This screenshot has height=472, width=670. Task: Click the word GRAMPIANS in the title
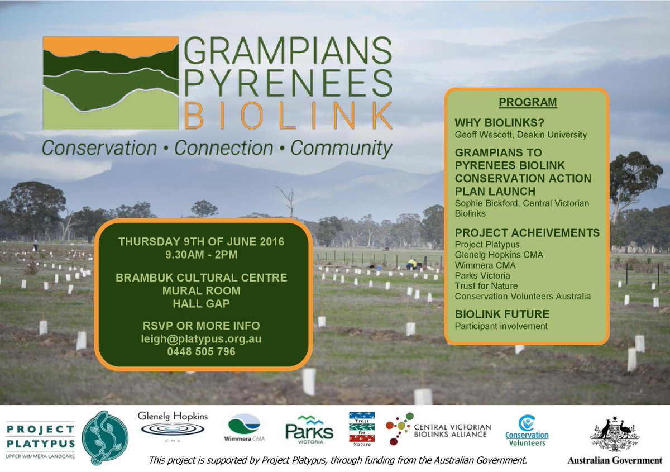pos(288,52)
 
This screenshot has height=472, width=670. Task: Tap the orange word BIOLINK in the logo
pos(288,115)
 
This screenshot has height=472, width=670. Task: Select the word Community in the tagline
pos(341,149)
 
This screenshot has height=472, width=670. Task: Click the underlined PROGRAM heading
pos(528,103)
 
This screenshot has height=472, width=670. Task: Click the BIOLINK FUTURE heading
pos(502,314)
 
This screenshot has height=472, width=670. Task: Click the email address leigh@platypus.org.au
pos(201,339)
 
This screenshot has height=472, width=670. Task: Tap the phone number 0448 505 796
pos(201,352)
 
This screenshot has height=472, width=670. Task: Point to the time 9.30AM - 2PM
pos(201,254)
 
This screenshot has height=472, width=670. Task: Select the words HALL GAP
pos(201,303)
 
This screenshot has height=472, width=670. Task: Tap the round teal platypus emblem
pos(106,437)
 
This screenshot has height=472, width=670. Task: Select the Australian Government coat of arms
pos(614,433)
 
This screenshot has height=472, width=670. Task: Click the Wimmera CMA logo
pos(244,429)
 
